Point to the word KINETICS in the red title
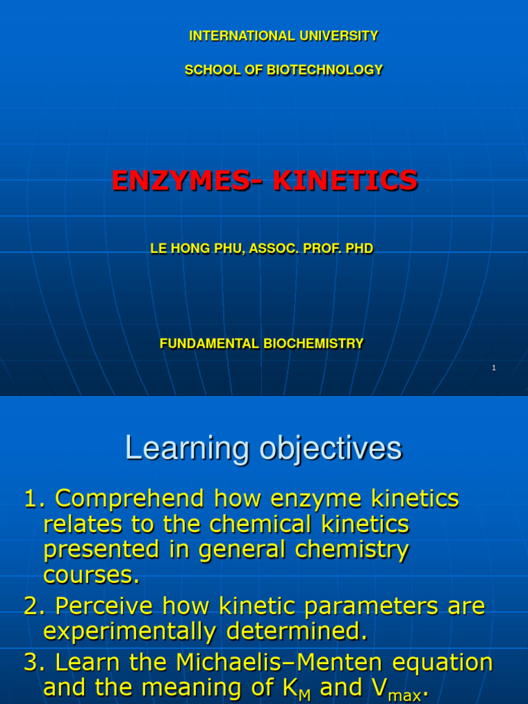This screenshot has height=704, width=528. [345, 181]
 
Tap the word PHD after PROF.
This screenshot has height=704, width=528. [359, 249]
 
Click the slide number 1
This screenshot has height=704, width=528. [494, 368]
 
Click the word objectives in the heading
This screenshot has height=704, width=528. [329, 449]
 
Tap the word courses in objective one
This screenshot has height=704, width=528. [90, 575]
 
